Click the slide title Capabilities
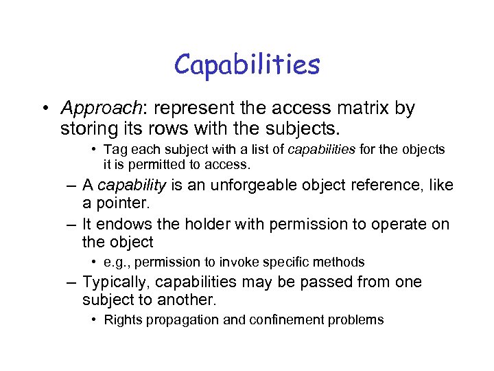coord(247,65)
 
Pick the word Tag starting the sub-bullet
coord(115,149)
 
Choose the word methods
coord(343,262)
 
